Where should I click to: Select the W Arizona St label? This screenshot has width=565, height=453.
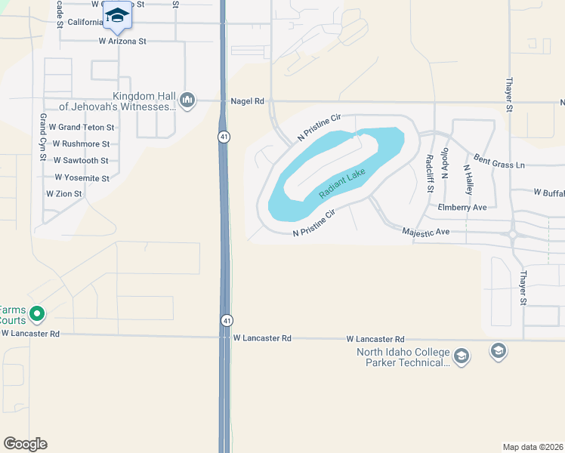coord(122,42)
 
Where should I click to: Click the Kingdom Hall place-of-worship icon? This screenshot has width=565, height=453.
coord(187,100)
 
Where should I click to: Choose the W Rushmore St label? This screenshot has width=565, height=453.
coord(82,144)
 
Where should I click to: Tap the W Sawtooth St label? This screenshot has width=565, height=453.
coord(81,161)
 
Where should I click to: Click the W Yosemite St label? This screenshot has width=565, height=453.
coord(82,178)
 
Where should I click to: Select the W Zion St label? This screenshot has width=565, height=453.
coord(63,194)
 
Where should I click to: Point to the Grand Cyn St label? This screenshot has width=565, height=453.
coord(44,131)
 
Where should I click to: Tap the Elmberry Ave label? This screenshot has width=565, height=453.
coord(462,207)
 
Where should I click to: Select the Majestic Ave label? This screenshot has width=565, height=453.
coord(426,233)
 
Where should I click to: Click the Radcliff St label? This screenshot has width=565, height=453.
coord(429,172)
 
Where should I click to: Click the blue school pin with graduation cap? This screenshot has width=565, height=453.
coord(117,16)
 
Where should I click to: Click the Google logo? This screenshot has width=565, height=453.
coord(25,444)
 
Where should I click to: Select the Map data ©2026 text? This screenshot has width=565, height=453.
coord(533,447)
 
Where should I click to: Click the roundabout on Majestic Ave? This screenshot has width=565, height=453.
coord(513,235)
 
